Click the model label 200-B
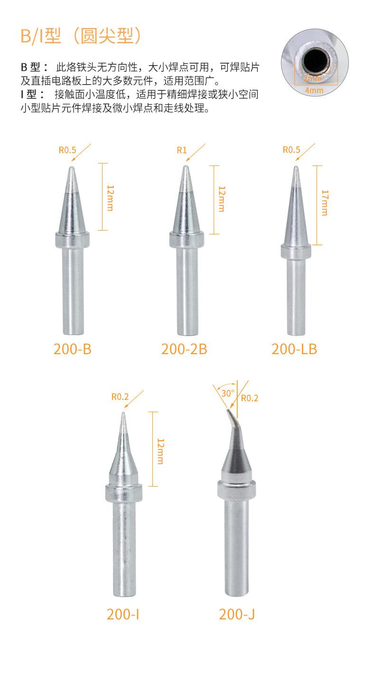point(73,349)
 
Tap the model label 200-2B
point(184,349)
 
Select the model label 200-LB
point(294,349)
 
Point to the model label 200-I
point(123,614)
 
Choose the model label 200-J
point(236,614)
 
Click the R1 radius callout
point(182,150)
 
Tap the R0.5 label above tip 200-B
point(67,150)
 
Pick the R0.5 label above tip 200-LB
point(291,150)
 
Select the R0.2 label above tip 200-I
point(120,396)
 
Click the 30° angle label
point(228,393)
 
